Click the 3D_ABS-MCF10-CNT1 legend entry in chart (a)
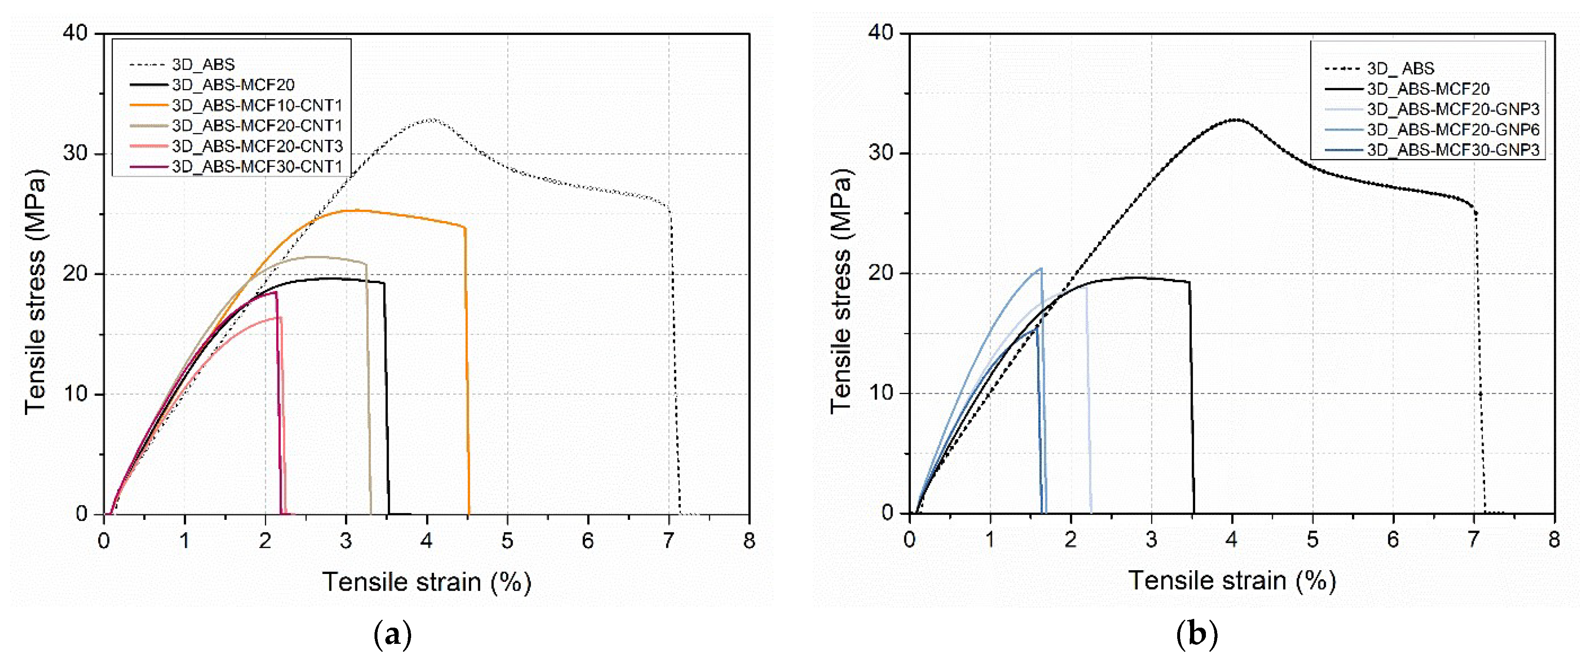[x=256, y=105]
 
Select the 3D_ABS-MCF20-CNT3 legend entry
[x=256, y=146]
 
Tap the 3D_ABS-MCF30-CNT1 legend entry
[x=256, y=166]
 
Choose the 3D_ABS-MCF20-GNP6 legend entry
[x=1452, y=129]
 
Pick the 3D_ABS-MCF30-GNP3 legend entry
[x=1452, y=150]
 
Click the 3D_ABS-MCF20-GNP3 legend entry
[x=1452, y=109]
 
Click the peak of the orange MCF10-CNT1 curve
[x=359, y=211]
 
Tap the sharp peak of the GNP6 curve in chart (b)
[x=1041, y=269]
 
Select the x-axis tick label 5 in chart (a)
[x=507, y=541]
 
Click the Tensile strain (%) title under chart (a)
[x=426, y=581]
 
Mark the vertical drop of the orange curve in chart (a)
[x=467, y=368]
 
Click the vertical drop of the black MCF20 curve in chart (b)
[x=1192, y=399]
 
